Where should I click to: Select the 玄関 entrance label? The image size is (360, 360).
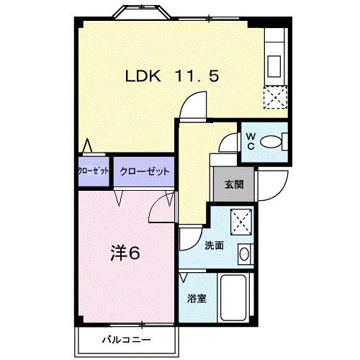pos(234,184)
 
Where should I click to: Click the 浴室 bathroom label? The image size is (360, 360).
pos(197,298)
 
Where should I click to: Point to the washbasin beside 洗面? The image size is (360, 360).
pos(244,253)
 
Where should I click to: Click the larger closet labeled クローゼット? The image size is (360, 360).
pos(144,171)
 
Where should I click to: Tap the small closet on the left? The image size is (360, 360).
pos(93,171)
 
